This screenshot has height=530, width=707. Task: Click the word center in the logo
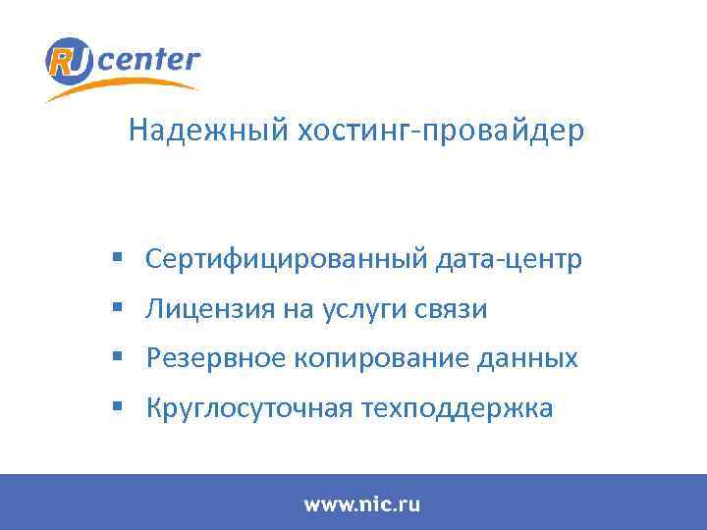pyautogui.click(x=148, y=60)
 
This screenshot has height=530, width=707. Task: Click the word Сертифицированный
pyautogui.click(x=286, y=260)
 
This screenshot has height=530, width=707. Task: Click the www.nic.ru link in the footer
pyautogui.click(x=361, y=505)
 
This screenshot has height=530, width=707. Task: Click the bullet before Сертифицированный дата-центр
pyautogui.click(x=116, y=259)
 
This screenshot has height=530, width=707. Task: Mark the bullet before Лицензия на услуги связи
pyautogui.click(x=116, y=309)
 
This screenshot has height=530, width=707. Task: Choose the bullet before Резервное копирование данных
pyautogui.click(x=116, y=358)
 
